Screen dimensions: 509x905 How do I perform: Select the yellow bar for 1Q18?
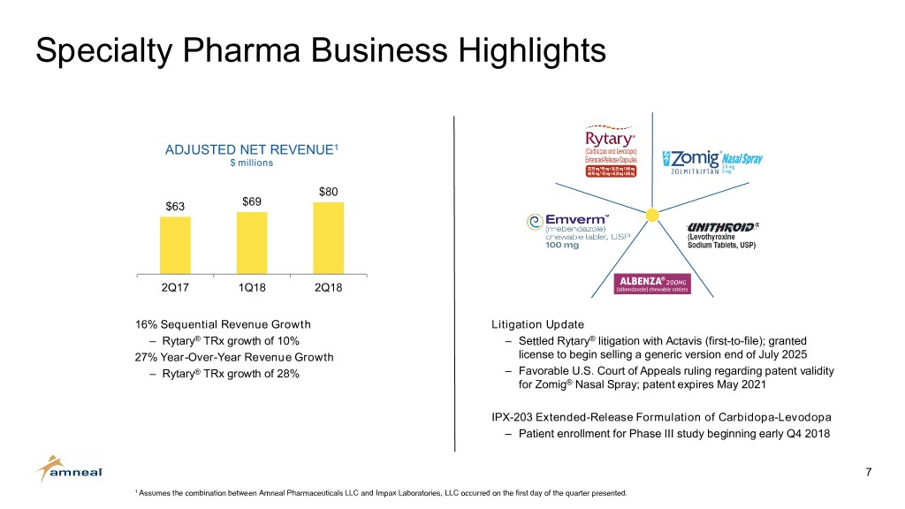coord(252,243)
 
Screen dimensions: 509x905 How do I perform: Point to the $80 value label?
coord(329,192)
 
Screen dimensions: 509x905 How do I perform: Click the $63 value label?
coord(175,207)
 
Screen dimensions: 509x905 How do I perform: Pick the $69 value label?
coord(252,201)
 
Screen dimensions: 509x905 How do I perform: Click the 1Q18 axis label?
coord(252,288)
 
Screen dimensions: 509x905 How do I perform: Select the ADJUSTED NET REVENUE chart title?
coord(251,149)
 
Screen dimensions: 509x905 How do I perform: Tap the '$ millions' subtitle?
coord(251,163)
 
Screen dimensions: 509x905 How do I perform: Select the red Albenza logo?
coord(650,283)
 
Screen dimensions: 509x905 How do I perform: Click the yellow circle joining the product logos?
coord(651,216)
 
